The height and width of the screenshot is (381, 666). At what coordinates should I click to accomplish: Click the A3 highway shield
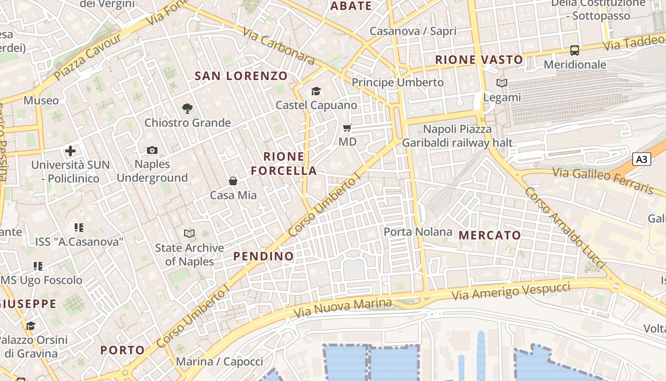coord(641,159)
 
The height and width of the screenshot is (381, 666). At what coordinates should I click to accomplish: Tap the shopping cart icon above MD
coord(347,128)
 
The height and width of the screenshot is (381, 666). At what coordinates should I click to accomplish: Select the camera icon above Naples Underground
coord(152,150)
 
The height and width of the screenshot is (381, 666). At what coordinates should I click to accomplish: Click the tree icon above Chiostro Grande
coord(187,109)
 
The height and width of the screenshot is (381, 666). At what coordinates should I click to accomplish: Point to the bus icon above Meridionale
coord(575,50)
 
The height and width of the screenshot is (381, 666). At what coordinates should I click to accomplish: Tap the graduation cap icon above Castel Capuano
coord(316,91)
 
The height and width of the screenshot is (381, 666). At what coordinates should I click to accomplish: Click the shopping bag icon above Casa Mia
coord(233,181)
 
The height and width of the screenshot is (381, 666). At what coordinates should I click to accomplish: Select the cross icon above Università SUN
coord(70,151)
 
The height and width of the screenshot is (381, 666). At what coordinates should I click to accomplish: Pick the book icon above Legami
coord(502,83)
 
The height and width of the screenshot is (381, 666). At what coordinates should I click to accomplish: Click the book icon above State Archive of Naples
coord(189,233)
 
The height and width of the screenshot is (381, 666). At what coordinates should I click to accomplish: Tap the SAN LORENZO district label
coord(241,76)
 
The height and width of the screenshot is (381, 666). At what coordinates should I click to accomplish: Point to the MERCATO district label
coord(490,235)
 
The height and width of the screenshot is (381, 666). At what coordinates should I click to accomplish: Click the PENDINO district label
coord(264,256)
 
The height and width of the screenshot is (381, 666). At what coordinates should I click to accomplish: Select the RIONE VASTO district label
coord(479,60)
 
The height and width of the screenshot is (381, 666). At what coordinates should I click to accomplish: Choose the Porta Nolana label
coord(418,232)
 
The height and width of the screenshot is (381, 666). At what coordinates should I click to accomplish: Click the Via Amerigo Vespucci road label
coord(510,291)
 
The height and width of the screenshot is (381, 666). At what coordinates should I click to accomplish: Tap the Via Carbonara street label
coord(278,46)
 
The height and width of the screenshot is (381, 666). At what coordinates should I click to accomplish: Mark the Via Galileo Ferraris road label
coord(603,180)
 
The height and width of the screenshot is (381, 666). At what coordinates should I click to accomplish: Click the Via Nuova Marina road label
coord(343,308)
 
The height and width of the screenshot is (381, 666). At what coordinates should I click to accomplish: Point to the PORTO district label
coord(122,350)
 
